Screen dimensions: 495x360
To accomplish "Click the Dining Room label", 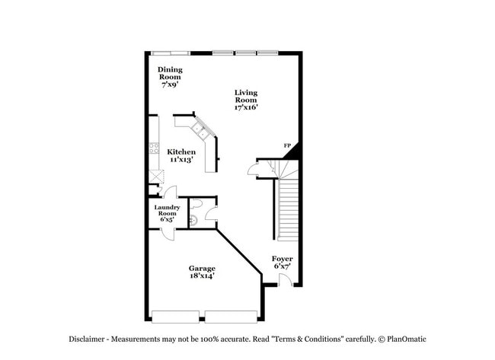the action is (x=170, y=73).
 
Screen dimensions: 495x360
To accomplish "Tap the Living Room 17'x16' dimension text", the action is (x=246, y=107).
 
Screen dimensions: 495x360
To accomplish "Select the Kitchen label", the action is (x=181, y=151).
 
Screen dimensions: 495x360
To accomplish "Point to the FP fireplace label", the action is (x=287, y=145).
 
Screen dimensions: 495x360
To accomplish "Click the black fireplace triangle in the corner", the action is (x=293, y=153).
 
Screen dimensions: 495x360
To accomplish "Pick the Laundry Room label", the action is (x=167, y=210).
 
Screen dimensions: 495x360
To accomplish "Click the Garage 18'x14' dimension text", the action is (x=202, y=276).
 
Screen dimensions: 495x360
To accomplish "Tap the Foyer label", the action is (x=283, y=259).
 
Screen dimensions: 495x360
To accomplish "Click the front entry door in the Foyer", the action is (x=286, y=280).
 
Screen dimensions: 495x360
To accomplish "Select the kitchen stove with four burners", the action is (x=154, y=148).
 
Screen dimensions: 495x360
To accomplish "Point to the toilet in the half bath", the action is (x=196, y=204).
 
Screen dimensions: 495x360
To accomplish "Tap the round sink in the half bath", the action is (x=193, y=219).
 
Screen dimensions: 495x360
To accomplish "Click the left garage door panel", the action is (x=175, y=317).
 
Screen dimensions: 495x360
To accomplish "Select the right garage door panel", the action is (x=231, y=317).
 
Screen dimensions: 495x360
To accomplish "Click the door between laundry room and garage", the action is (x=168, y=234).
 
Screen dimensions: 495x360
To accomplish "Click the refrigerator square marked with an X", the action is (x=157, y=177).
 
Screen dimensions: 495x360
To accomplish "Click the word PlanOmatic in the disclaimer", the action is (x=407, y=339).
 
